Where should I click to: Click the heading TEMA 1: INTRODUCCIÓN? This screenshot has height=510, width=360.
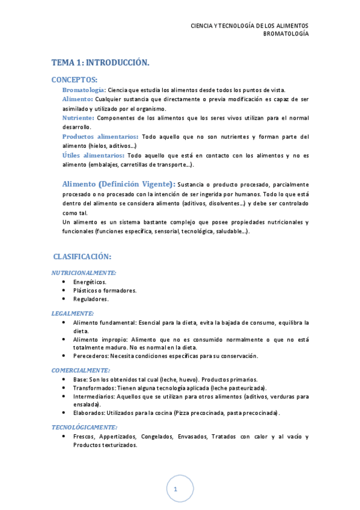point(100,63)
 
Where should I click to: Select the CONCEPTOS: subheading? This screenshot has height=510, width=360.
point(75,79)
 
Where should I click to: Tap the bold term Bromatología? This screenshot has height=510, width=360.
point(84,90)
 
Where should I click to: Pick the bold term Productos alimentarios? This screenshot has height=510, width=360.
point(100,137)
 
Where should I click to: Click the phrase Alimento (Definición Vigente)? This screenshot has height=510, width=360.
point(118,184)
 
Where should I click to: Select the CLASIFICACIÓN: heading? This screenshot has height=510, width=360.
point(82,257)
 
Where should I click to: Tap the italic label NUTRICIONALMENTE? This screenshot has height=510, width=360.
point(84,272)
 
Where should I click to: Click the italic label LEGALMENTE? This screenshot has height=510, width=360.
point(73,313)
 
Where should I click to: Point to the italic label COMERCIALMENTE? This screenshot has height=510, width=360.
point(81,370)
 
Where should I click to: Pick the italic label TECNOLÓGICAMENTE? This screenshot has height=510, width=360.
point(84,426)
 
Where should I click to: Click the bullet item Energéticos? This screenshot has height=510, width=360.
point(90,281)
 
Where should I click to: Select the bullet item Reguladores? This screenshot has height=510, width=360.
point(91,299)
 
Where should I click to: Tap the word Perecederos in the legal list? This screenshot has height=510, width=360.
point(91,355)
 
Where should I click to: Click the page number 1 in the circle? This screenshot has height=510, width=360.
point(175,490)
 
